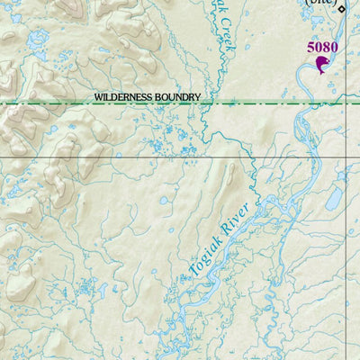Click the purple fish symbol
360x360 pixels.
click(321, 64)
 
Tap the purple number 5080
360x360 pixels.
click(322, 47)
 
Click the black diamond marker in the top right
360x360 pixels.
click(341, 9)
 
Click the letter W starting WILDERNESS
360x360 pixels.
click(98, 96)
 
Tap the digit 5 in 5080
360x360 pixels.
click(310, 47)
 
